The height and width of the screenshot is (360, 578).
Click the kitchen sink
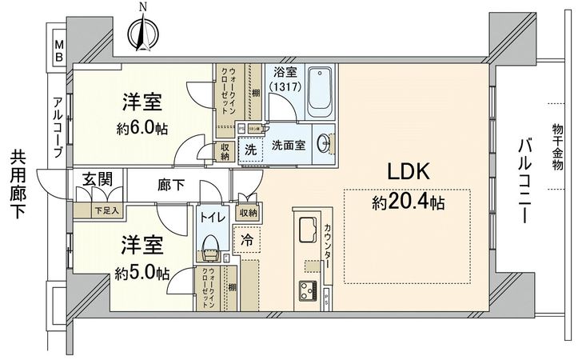click(x=307, y=230)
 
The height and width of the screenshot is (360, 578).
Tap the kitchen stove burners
click(x=307, y=289)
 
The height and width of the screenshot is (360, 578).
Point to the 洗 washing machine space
click(x=249, y=149)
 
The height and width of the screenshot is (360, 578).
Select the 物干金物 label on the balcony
click(x=558, y=146)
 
